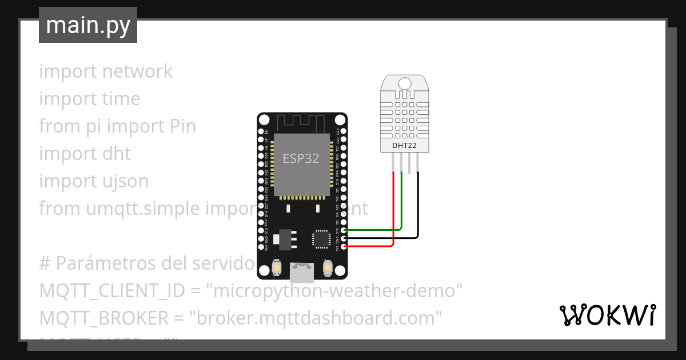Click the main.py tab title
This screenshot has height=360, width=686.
pos(88,25)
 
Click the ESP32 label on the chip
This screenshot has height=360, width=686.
pos(301,158)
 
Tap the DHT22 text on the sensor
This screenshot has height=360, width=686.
pos(404,145)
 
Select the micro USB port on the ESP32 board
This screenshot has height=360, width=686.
pos(301,273)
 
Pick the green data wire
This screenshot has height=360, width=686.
pos(402,206)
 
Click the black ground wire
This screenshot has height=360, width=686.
pos(418,211)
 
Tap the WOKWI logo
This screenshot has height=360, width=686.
pos(607,315)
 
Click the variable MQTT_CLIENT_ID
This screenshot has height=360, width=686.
pos(112,291)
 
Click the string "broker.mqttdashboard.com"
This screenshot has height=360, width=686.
pos(319,318)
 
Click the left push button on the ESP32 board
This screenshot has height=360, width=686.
pos(277,267)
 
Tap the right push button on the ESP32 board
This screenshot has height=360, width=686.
pos(329,267)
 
